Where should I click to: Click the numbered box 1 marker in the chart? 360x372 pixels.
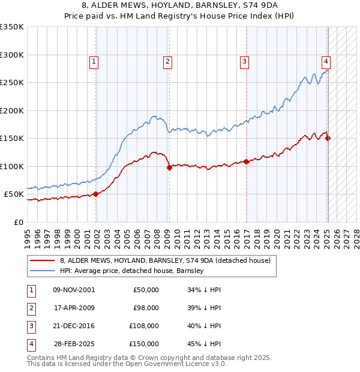click(95, 61)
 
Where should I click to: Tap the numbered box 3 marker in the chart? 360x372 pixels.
click(245, 61)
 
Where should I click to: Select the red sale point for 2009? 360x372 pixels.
click(169, 167)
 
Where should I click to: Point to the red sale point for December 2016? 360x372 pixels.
click(246, 162)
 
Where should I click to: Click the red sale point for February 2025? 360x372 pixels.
click(328, 139)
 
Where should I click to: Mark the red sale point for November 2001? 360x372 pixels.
click(95, 194)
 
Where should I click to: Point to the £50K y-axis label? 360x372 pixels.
click(14, 194)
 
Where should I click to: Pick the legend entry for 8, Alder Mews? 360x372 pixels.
click(166, 260)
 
